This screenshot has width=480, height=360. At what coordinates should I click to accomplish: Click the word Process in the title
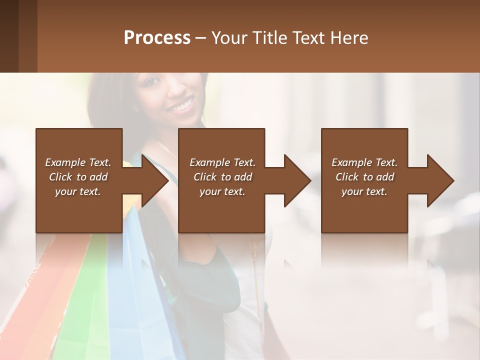(157, 38)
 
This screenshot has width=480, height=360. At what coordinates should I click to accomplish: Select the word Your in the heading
(227, 38)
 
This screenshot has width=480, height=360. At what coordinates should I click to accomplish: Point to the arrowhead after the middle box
(297, 180)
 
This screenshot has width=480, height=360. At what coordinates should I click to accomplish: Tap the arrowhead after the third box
(440, 180)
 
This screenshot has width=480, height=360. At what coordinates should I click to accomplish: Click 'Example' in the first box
(64, 162)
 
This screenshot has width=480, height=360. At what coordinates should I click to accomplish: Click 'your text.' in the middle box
(222, 191)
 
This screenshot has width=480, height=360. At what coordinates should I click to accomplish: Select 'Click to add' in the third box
(364, 177)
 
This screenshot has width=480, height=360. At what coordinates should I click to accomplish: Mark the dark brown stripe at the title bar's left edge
(9, 36)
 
